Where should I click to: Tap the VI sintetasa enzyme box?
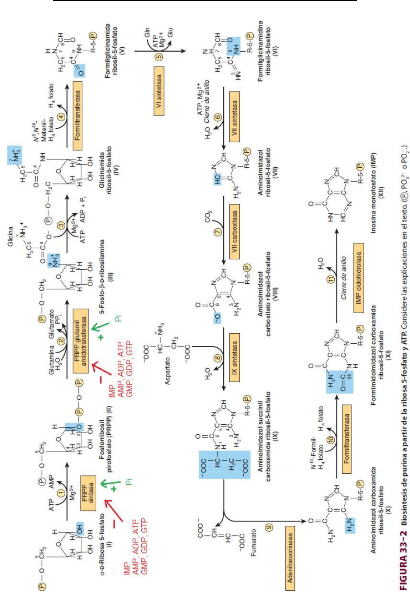pyautogui.click(x=159, y=91)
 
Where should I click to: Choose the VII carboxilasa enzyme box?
pyautogui.click(x=235, y=235)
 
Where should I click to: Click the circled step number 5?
pyautogui.click(x=159, y=56)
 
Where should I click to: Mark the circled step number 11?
pyautogui.click(x=331, y=278)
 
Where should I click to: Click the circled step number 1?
pyautogui.click(x=61, y=493)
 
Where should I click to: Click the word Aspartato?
pyautogui.click(x=168, y=371)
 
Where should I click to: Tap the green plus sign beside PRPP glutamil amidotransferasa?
pyautogui.click(x=102, y=338)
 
